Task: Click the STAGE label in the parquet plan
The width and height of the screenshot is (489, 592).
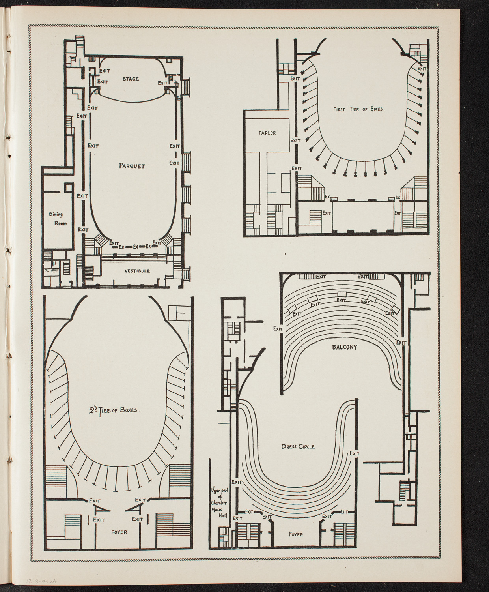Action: pos(130,79)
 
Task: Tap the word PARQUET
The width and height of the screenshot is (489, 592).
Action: pos(132,166)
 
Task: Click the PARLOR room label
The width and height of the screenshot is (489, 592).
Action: pos(267,133)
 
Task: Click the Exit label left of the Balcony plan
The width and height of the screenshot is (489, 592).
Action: pos(278,328)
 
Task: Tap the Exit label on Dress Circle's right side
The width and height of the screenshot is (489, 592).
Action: pos(354,454)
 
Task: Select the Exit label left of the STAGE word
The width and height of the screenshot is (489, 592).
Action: pos(103,82)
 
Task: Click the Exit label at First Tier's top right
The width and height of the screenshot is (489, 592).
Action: pos(422,68)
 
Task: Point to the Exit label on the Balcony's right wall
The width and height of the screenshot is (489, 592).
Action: pos(401,343)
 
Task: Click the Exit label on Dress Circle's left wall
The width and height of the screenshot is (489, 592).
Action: pos(237,482)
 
